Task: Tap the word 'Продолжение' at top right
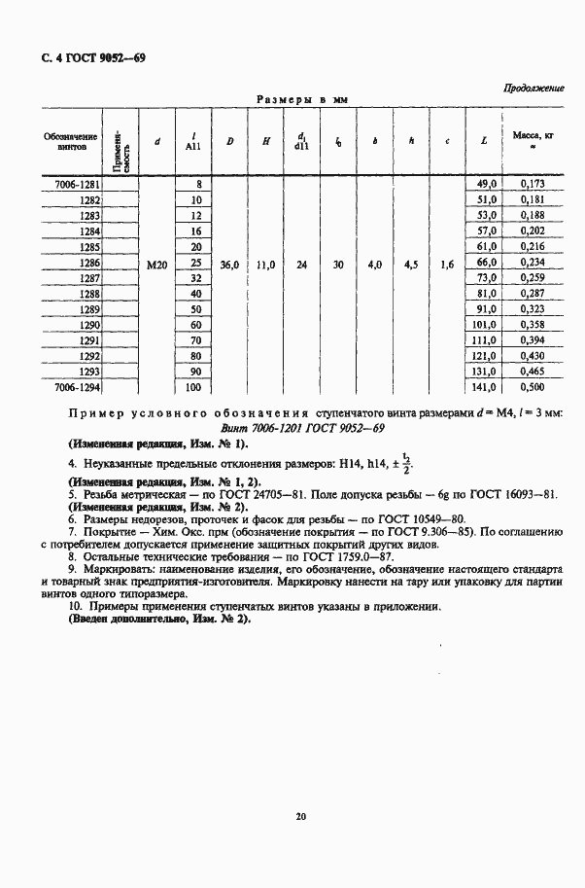[533, 88]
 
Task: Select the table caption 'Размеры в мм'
[301, 100]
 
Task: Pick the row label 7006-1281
[76, 183]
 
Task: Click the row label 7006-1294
[76, 386]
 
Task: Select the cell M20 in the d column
[157, 264]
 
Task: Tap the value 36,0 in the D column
[229, 264]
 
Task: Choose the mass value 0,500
[532, 386]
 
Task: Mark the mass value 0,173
[532, 183]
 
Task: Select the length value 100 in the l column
[193, 386]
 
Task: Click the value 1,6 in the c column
[446, 264]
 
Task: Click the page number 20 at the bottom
[301, 816]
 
